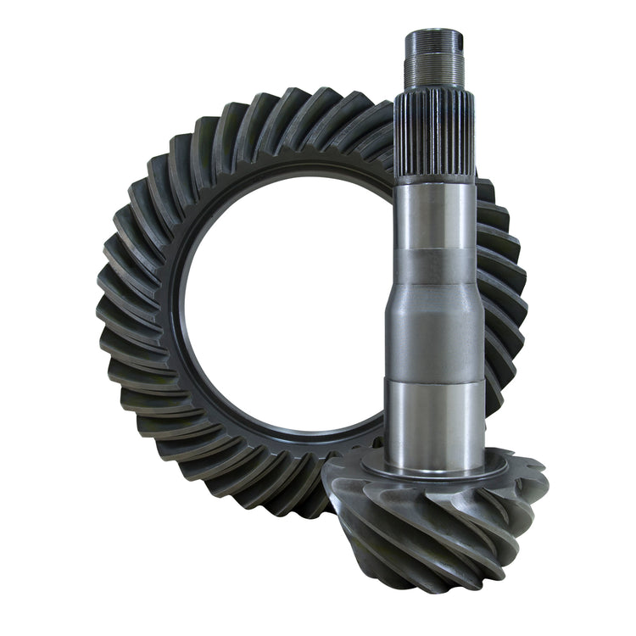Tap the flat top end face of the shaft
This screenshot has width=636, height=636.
tap(433, 33)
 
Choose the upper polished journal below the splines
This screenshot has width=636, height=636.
tap(433, 212)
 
